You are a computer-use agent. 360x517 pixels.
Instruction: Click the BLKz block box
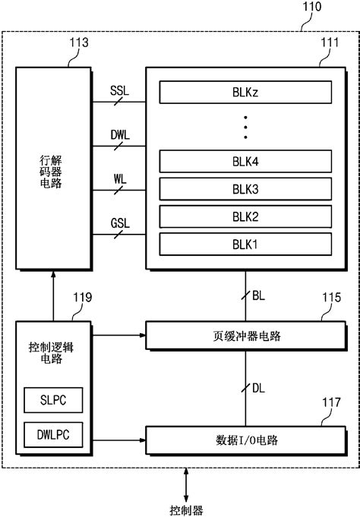coord(245,93)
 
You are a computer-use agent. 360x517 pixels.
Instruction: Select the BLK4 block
coord(245,161)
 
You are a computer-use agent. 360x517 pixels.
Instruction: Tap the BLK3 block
coord(245,189)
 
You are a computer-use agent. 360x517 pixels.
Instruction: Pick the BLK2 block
coord(245,216)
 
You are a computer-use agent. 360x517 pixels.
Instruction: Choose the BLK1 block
coord(245,244)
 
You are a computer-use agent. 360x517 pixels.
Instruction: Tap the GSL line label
coord(119,222)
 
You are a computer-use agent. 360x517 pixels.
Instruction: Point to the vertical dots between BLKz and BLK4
coord(245,127)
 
